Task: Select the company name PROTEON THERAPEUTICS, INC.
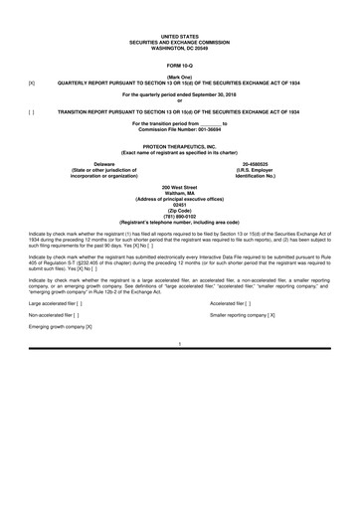[180, 145]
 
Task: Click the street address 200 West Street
[180, 186]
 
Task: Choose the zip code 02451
[180, 202]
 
